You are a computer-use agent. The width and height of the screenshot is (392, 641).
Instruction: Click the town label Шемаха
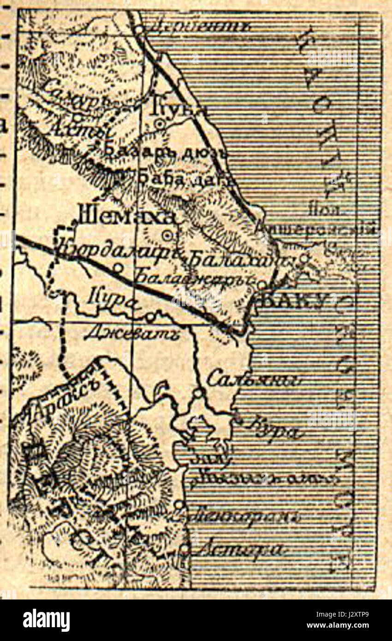(127, 215)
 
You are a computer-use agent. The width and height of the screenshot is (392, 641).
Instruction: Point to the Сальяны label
(254, 380)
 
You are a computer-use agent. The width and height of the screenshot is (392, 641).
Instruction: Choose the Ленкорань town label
(244, 516)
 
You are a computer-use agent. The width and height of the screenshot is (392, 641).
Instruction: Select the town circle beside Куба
(160, 123)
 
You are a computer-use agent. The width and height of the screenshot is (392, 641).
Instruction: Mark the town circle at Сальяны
(198, 393)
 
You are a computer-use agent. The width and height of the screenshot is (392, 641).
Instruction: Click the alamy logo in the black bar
(47, 620)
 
